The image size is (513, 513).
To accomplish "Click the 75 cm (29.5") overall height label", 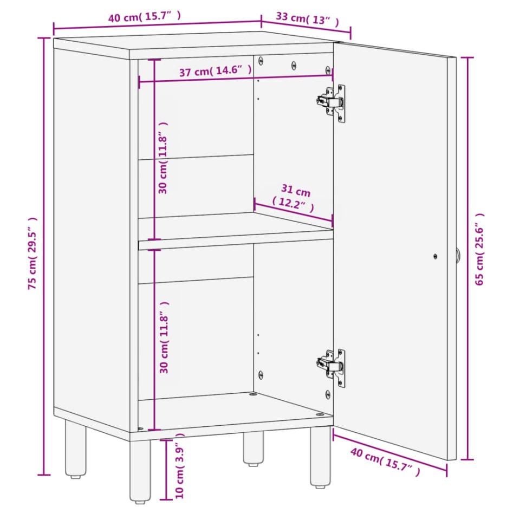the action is tap(33, 254).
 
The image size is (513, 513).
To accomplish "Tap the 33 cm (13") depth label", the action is tap(308, 19).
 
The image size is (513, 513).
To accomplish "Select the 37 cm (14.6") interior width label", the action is tap(216, 70).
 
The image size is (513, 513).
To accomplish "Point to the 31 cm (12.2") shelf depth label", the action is tap(294, 198).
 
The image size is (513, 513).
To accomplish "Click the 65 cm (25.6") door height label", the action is tap(479, 249).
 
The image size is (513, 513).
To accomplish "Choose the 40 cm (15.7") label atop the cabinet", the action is tap(144, 17).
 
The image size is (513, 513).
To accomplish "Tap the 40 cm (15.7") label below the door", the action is tap(385, 462).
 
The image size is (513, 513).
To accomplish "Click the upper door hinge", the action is tap(332, 103).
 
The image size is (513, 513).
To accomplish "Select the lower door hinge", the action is tap(332, 368).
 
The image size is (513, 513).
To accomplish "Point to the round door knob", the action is tap(458, 255).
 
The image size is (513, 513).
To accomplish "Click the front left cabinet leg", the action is tap(140, 471).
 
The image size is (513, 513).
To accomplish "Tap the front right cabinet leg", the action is tap(320, 457).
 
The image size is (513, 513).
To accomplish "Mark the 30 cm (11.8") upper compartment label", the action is tap(163, 158).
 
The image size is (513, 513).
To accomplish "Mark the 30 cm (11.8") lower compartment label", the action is tap(164, 337).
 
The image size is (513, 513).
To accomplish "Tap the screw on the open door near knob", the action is tap(435, 257).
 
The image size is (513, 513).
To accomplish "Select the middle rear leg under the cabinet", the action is tap(253, 448).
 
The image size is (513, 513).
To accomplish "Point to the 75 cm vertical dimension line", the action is tap(43, 256).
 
